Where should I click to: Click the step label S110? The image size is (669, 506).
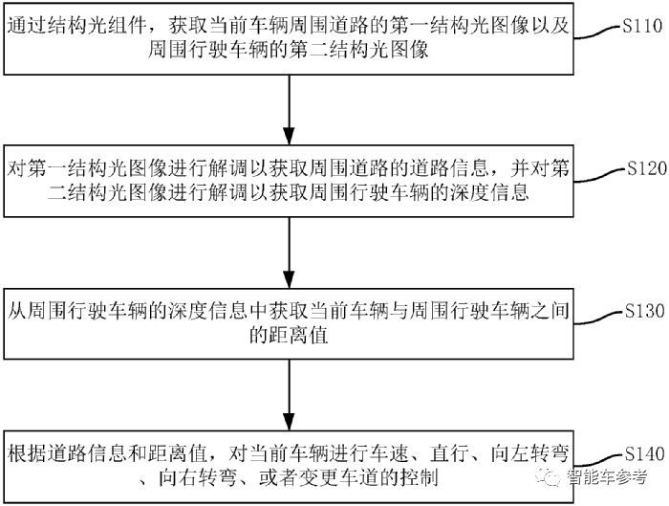tap(640, 26)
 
